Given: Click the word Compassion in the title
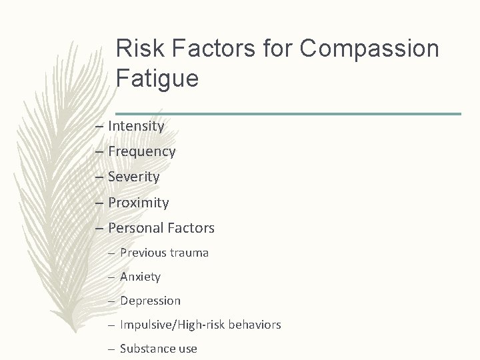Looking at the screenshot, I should pos(369,49).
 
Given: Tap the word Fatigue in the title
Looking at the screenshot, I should pos(157,79).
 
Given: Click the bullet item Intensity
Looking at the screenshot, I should pos(136,125).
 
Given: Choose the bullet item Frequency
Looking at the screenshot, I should pos(141,151).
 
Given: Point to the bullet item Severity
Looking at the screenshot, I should pos(133,177).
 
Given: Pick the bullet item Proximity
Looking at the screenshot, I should pos(138,202).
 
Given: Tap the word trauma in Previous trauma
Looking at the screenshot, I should pos(189,253).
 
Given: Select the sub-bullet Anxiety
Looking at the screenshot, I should pos(140,276).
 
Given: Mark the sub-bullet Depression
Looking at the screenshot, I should pos(150,301).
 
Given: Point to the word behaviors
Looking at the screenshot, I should pos(255,325).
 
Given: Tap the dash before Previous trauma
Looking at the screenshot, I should pos(112,253).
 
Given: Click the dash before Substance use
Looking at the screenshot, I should pos(112,349).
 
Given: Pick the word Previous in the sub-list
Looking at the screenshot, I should pos(143,253).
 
